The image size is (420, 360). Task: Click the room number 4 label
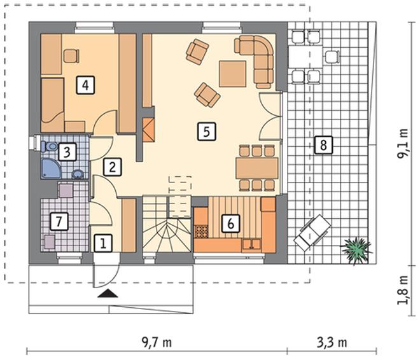click(85, 85)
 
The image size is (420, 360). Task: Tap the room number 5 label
click(207, 132)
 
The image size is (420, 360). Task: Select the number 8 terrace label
click(323, 145)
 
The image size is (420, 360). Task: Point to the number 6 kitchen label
click(230, 223)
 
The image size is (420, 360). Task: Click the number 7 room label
click(59, 221)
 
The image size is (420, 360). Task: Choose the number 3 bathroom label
click(67, 152)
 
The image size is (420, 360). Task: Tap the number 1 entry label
click(103, 243)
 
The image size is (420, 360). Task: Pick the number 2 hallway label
click(113, 167)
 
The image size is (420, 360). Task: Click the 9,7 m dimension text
click(157, 342)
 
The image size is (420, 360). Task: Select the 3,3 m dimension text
click(332, 342)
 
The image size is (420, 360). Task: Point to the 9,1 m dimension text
click(403, 144)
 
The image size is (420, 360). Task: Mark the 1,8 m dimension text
click(403, 290)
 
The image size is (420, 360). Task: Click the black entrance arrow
click(108, 294)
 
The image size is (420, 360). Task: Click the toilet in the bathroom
click(49, 147)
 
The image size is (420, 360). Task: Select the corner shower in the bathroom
click(51, 169)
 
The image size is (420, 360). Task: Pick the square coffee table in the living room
click(232, 74)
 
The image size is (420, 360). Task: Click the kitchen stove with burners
click(201, 232)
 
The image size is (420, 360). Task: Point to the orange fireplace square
click(149, 130)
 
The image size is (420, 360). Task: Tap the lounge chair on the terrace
click(312, 233)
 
